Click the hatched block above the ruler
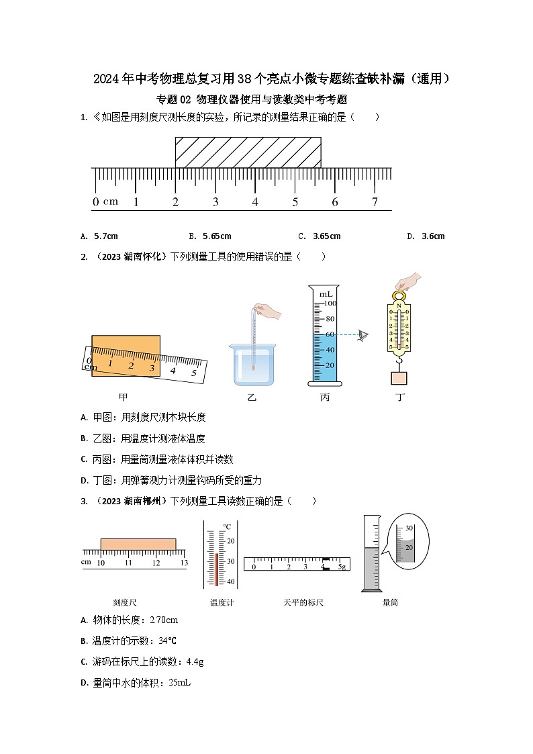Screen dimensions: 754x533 click(x=248, y=152)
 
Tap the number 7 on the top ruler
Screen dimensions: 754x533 click(x=375, y=201)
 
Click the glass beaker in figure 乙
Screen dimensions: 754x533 click(x=252, y=365)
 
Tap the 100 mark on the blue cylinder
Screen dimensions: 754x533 click(x=329, y=303)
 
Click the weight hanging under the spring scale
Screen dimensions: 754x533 click(x=399, y=378)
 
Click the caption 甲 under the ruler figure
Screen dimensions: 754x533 click(x=124, y=397)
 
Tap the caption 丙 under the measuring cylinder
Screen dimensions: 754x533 click(x=325, y=397)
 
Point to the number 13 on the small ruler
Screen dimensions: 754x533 click(x=184, y=563)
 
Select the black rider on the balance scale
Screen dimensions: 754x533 click(x=326, y=564)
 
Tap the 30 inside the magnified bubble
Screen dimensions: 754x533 click(x=408, y=528)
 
